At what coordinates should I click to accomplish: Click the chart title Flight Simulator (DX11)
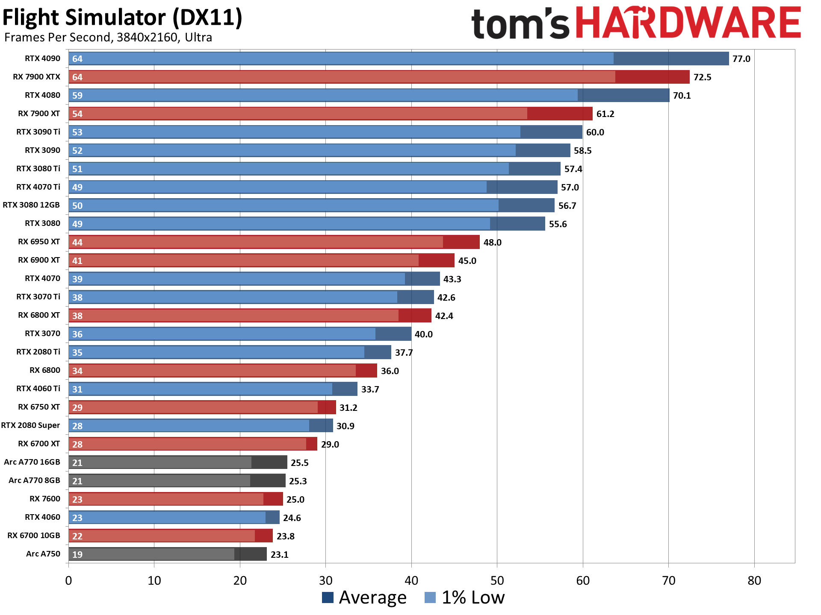(122, 18)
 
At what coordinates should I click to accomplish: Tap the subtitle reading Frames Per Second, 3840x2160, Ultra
(108, 38)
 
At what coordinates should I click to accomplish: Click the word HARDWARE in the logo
(688, 24)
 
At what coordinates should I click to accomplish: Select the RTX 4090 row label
(42, 59)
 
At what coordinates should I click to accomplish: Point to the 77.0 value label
(741, 59)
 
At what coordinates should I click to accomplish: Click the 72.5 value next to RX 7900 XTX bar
(702, 77)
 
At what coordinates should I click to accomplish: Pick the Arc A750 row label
(43, 554)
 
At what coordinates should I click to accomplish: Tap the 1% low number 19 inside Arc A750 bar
(77, 554)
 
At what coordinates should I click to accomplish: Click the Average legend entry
(364, 597)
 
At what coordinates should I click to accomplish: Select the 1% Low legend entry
(465, 597)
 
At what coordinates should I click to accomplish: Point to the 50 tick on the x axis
(497, 581)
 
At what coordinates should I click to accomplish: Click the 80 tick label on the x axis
(754, 581)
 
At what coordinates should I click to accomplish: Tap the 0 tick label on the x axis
(68, 581)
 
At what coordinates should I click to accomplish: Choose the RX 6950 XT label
(39, 242)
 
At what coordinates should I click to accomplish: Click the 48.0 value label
(492, 243)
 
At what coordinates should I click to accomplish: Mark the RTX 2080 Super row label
(31, 425)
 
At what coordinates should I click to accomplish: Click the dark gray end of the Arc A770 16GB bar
(269, 462)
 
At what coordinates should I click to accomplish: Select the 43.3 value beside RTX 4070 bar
(452, 279)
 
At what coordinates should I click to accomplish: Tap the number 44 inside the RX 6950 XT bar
(77, 243)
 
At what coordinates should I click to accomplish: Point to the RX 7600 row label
(44, 499)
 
